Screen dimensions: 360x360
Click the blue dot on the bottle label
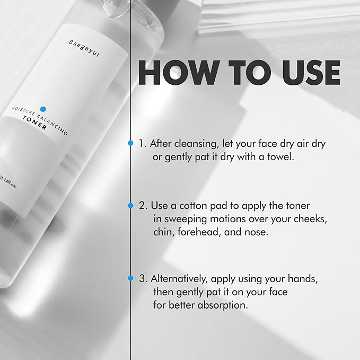(x=43, y=109)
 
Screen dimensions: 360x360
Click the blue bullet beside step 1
(x=130, y=143)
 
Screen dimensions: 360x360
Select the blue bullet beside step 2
(x=130, y=204)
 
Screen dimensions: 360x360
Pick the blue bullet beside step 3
(x=130, y=277)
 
